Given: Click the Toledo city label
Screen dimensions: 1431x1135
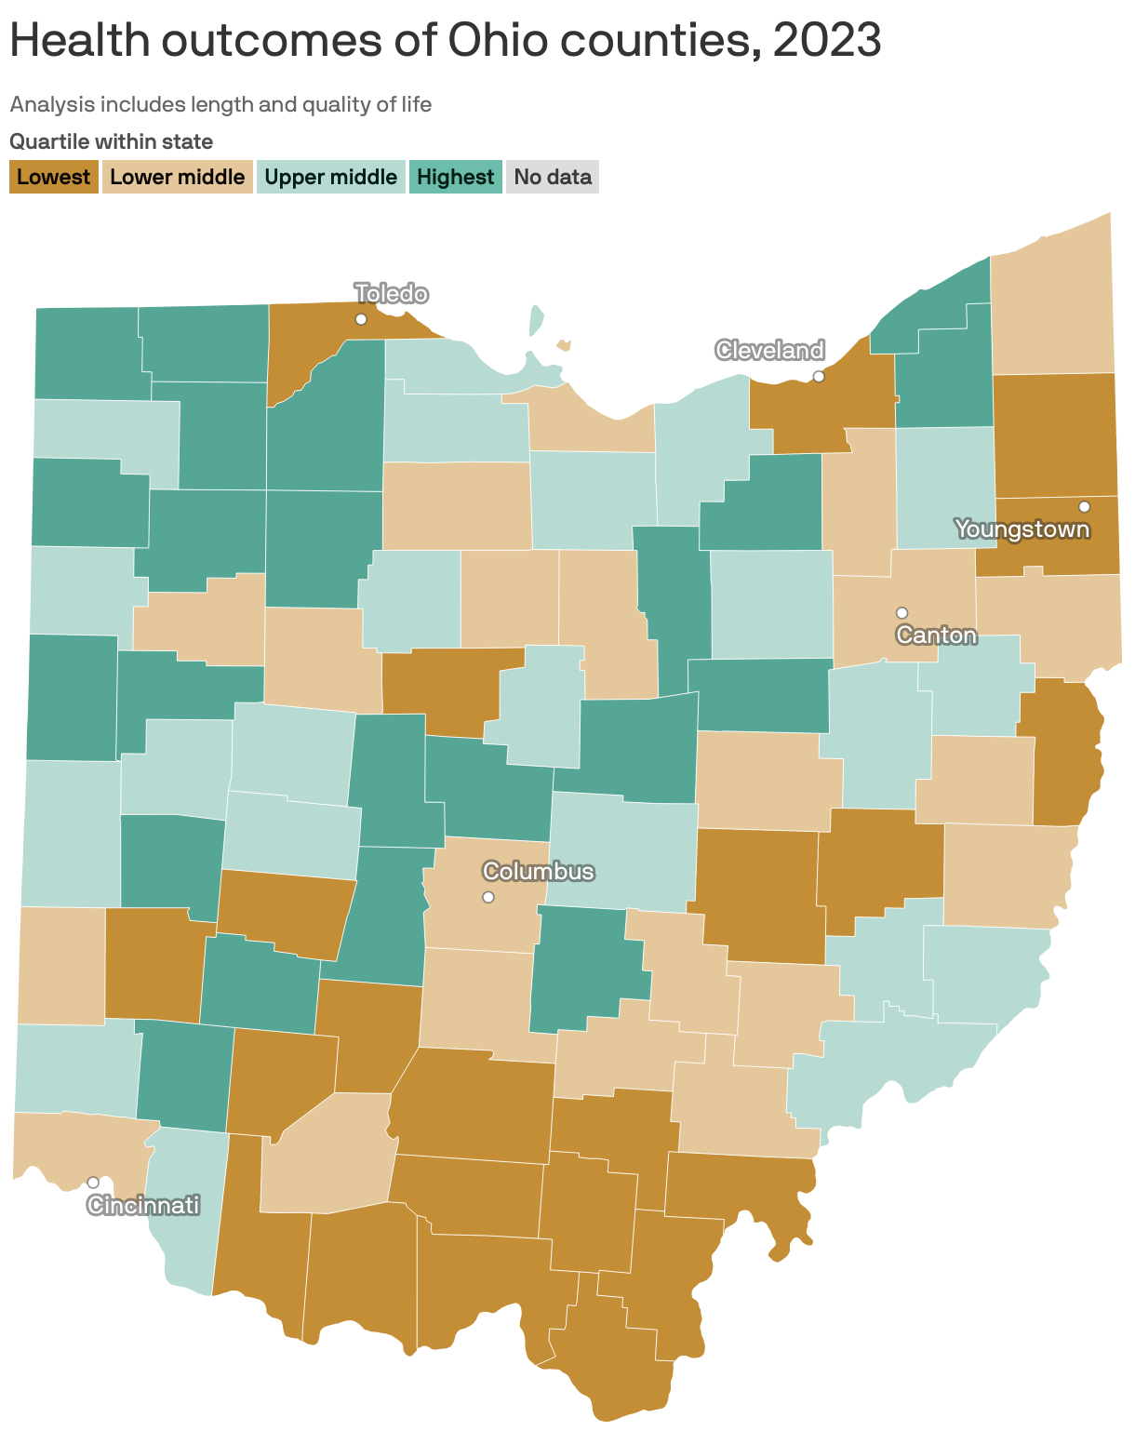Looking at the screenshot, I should [392, 294].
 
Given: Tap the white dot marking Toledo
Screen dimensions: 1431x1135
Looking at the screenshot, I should [361, 319].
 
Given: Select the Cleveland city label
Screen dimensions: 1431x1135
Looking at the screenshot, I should [769, 350].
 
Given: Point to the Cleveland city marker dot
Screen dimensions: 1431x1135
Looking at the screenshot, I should [819, 377].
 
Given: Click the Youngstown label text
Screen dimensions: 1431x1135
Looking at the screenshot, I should [1021, 529].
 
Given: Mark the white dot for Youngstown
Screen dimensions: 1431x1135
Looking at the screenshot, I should [1084, 506].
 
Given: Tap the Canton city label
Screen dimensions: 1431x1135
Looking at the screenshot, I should [936, 635].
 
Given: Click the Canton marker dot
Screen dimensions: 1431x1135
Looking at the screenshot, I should [901, 612].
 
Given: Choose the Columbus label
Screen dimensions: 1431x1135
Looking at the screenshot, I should [538, 872].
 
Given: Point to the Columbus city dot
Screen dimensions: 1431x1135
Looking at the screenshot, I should [488, 897].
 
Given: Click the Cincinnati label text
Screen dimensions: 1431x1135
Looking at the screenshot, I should [143, 1206].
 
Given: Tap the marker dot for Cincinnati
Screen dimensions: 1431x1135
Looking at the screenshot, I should [93, 1183].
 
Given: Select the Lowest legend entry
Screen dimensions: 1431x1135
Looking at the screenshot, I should [54, 177].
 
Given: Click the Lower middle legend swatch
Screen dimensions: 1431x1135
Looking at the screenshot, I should [177, 177].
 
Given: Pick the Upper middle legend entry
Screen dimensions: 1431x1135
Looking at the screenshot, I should [330, 177].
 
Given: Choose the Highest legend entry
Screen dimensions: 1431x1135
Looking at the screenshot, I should [455, 177].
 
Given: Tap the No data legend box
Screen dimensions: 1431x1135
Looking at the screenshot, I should [553, 177].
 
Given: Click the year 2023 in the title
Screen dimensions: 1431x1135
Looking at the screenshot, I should [826, 40].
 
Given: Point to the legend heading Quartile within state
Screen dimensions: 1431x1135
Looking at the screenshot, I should [112, 141].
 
